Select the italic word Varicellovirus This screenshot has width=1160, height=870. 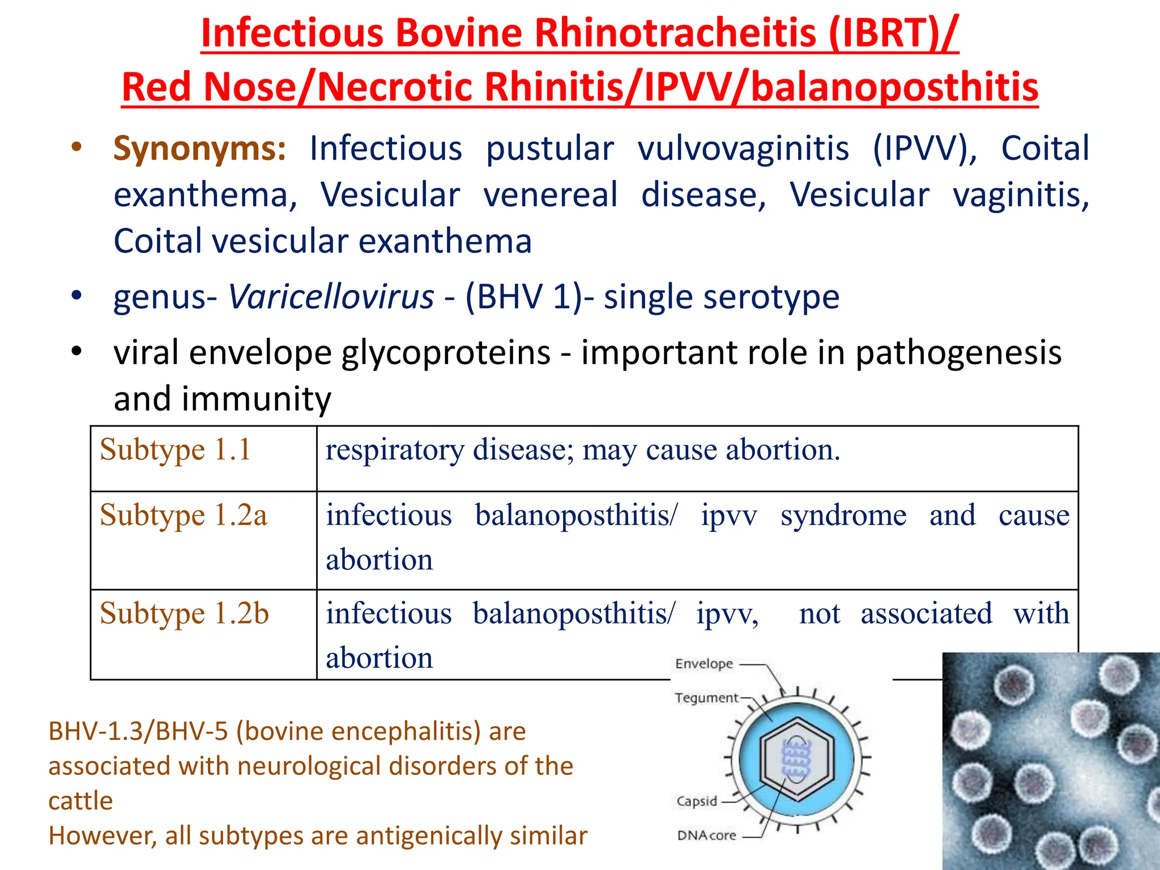point(331,297)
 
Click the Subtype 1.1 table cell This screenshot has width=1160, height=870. point(176,450)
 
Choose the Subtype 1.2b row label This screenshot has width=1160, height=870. point(184,613)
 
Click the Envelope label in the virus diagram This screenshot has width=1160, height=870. point(703,664)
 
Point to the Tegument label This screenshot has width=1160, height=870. point(706,698)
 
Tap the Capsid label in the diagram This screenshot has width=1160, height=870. point(697,801)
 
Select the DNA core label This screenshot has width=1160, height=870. point(706,835)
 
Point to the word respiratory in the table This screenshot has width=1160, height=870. point(394,450)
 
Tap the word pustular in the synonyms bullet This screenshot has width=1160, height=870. point(549,148)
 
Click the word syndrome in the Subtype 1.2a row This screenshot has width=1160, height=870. point(843,515)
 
